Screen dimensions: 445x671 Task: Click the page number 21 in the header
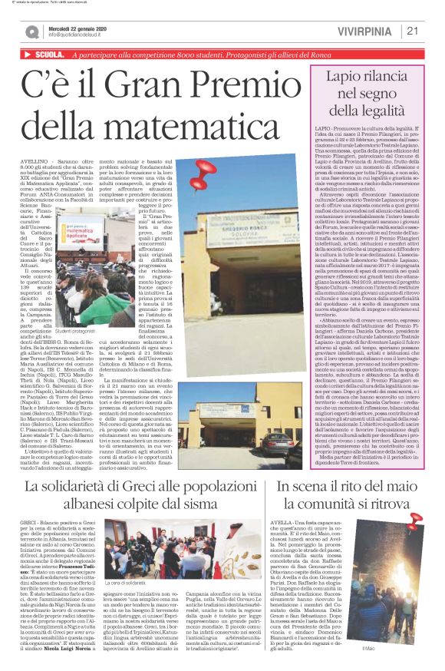pos(411,31)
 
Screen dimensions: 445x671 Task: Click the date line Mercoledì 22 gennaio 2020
pos(76,27)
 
